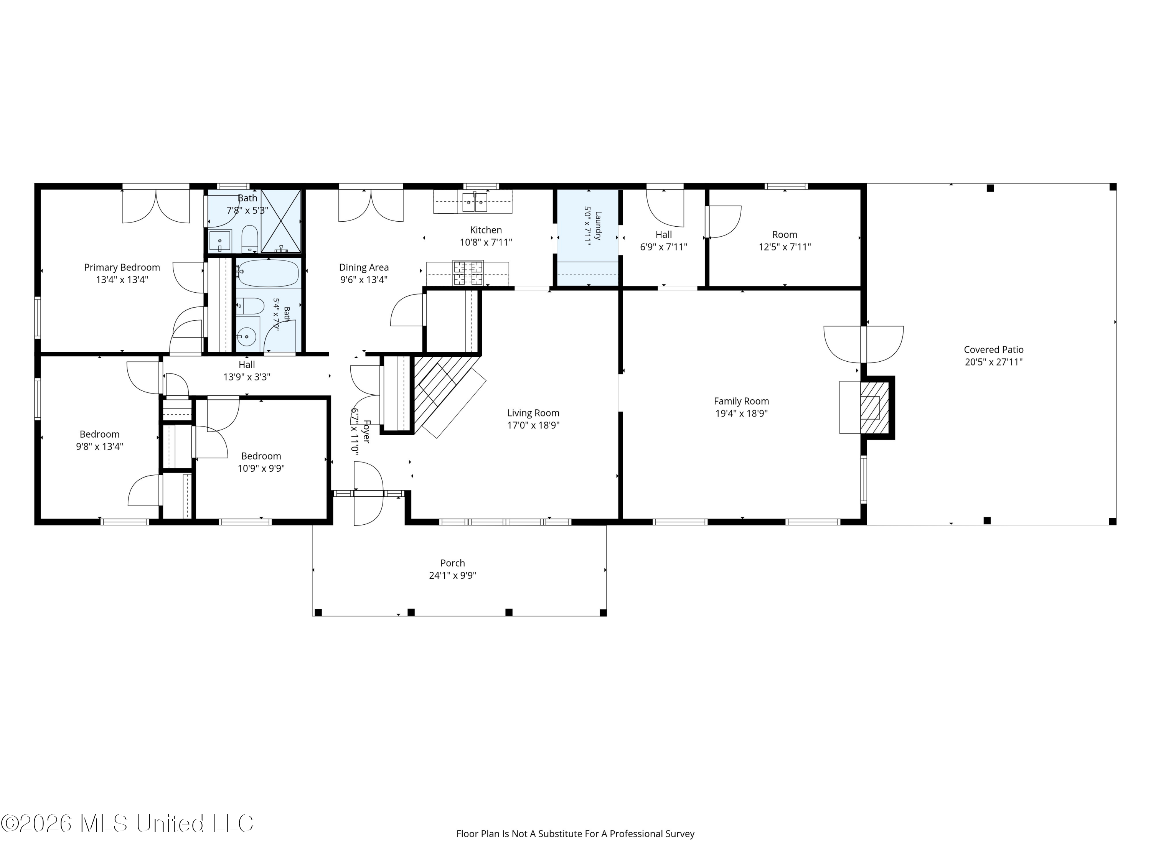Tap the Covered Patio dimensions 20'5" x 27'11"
pyautogui.click(x=993, y=362)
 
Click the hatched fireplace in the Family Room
pyautogui.click(x=874, y=408)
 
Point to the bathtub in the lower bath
pyautogui.click(x=269, y=273)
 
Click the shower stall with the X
pyautogui.click(x=281, y=221)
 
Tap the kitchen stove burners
pyautogui.click(x=468, y=273)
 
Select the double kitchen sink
pyautogui.click(x=475, y=202)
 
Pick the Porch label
pyautogui.click(x=452, y=563)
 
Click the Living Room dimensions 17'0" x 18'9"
pyautogui.click(x=533, y=425)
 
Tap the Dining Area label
pyautogui.click(x=364, y=267)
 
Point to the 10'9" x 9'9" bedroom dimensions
pyautogui.click(x=261, y=468)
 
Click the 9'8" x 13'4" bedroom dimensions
pyautogui.click(x=99, y=446)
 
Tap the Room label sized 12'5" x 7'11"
pyautogui.click(x=784, y=235)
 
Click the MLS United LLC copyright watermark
pyautogui.click(x=127, y=823)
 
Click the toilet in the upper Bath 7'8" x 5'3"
pyautogui.click(x=249, y=239)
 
